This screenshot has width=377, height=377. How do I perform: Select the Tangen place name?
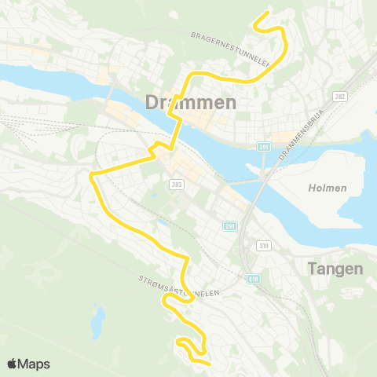coord(336,269)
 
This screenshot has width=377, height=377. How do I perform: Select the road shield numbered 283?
coord(174,182)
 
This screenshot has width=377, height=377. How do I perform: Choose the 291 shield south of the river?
coord(229,226)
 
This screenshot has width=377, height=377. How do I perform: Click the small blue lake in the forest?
coord(99,320)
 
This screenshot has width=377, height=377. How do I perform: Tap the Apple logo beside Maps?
coord(12,364)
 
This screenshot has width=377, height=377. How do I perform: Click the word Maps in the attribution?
coord(35,364)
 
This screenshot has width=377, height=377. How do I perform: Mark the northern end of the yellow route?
coord(269,12)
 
